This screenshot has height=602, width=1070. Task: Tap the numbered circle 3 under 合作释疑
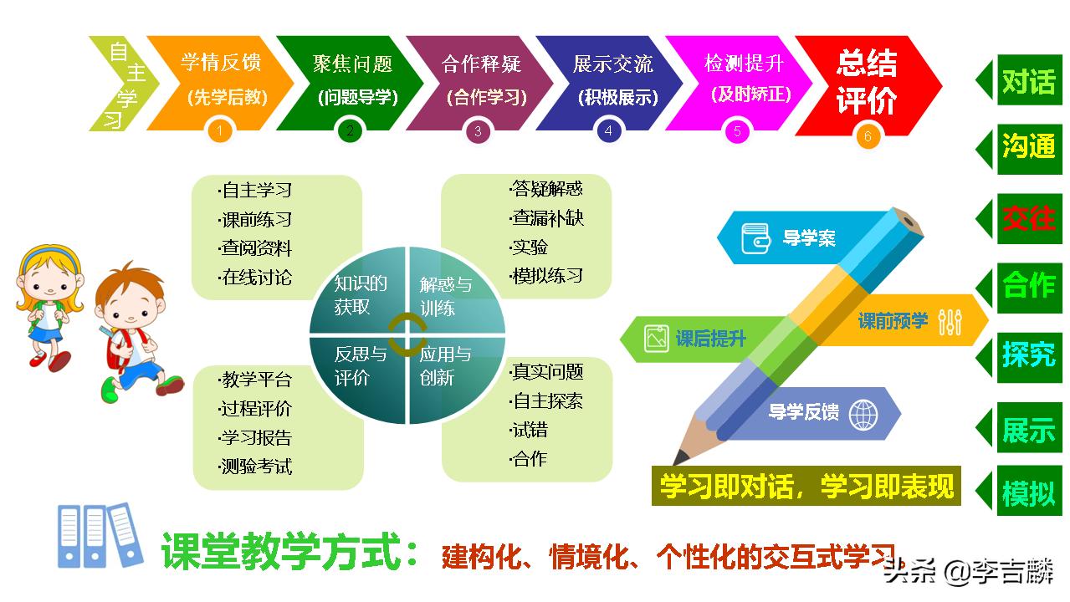pyautogui.click(x=478, y=131)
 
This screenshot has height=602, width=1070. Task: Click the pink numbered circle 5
pyautogui.click(x=737, y=131)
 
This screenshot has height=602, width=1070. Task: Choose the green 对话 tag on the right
pyautogui.click(x=1028, y=81)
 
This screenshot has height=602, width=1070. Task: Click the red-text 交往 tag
pyautogui.click(x=1028, y=218)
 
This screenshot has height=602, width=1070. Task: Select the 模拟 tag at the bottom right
pyautogui.click(x=1028, y=493)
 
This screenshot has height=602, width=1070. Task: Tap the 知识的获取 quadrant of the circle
pyautogui.click(x=361, y=294)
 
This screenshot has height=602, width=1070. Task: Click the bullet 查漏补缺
pyautogui.click(x=547, y=218)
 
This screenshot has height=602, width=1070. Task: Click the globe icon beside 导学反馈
pyautogui.click(x=863, y=413)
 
